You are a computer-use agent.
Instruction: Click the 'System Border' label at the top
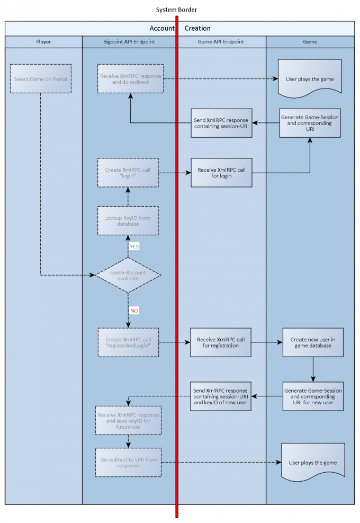click(x=177, y=10)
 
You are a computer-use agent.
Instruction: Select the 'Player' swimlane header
click(x=44, y=41)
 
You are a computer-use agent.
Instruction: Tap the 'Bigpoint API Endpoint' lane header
click(x=129, y=41)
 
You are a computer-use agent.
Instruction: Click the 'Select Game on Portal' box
click(x=40, y=79)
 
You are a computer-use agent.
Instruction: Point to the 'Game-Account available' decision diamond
click(x=128, y=275)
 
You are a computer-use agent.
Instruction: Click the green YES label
click(x=134, y=246)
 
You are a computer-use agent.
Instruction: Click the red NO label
click(x=134, y=310)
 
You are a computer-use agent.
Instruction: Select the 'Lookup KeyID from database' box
click(x=128, y=220)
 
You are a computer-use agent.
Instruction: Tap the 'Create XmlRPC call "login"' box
click(x=128, y=172)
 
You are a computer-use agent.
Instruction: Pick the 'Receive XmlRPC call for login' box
click(x=222, y=172)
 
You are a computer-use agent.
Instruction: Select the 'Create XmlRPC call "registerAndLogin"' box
click(x=128, y=342)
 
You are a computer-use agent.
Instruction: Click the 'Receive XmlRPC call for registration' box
click(x=222, y=342)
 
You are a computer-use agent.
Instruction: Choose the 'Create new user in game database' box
click(x=313, y=342)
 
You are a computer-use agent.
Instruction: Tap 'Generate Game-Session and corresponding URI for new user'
click(x=313, y=396)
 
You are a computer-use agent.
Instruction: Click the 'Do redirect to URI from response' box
click(x=129, y=462)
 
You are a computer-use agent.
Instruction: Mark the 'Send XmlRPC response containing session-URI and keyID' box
click(x=222, y=396)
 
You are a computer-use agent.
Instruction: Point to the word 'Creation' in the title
click(x=197, y=28)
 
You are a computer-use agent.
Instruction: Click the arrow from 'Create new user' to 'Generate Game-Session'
click(x=313, y=369)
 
